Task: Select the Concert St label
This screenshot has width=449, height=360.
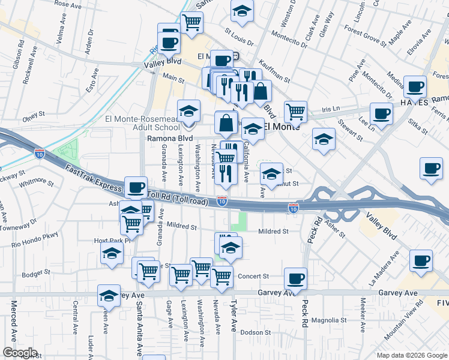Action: [253, 276]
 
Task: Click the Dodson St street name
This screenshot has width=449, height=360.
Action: [256, 332]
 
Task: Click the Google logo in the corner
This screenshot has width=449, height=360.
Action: [20, 353]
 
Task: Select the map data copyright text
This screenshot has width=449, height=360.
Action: [412, 355]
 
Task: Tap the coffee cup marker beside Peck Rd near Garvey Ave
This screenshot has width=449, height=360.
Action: [295, 278]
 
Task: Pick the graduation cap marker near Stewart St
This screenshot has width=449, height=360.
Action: [324, 140]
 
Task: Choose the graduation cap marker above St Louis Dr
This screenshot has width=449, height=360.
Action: [242, 11]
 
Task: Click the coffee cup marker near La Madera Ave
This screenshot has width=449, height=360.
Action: [421, 261]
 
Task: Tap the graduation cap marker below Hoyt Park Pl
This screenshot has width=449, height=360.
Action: [112, 253]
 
